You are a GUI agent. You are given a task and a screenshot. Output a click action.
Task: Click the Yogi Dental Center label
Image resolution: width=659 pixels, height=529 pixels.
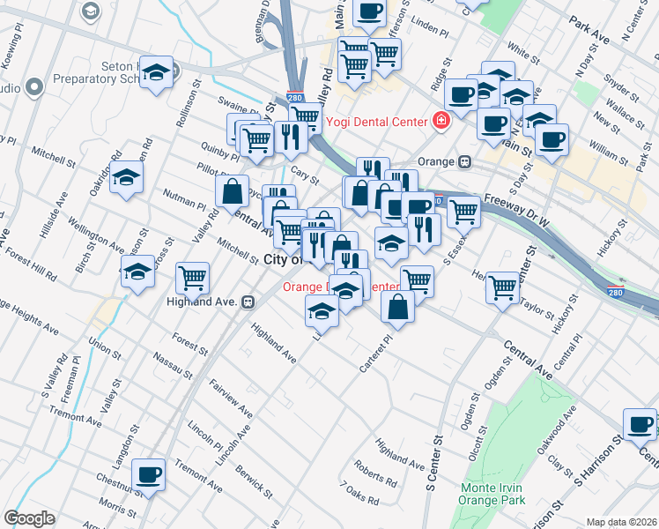pos(377,122)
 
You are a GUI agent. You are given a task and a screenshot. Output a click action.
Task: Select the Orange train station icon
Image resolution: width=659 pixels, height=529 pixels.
pos(463,162)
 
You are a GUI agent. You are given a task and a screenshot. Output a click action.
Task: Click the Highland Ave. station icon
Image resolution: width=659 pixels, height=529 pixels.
pos(249,302)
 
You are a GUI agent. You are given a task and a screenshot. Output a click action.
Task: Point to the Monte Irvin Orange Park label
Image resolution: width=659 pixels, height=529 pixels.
pos(492,494)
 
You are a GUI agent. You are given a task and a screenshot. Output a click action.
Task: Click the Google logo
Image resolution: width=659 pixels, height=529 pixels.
pos(29,518)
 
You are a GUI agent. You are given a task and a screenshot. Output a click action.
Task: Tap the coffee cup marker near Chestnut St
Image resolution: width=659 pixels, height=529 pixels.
pos(148,475)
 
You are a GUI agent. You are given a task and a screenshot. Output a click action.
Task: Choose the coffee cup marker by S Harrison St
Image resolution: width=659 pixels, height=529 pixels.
pos(640,424)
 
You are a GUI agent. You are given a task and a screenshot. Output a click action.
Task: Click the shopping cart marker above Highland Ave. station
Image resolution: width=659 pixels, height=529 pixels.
pos(192,279)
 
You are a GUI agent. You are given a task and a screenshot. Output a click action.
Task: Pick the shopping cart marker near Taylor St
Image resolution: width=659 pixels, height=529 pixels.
pos(502,287)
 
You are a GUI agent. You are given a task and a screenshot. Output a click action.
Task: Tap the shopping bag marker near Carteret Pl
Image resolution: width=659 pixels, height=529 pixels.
pos(398,306)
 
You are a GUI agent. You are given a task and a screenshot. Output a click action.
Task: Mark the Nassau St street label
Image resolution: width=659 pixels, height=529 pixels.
pos(172,365)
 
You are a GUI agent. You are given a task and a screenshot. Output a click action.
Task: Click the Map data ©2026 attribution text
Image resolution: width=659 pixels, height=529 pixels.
pos(621,522)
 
